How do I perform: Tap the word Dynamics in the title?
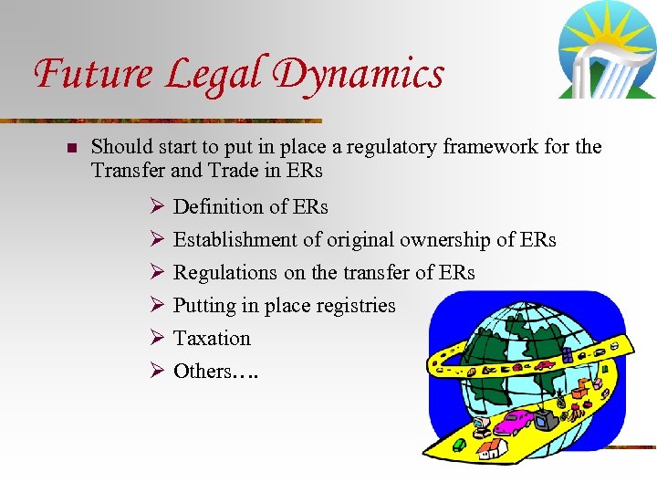361,73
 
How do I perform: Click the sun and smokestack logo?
607,49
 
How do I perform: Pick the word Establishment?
237,239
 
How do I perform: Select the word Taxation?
212,338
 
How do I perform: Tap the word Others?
202,371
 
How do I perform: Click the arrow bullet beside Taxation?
155,338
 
